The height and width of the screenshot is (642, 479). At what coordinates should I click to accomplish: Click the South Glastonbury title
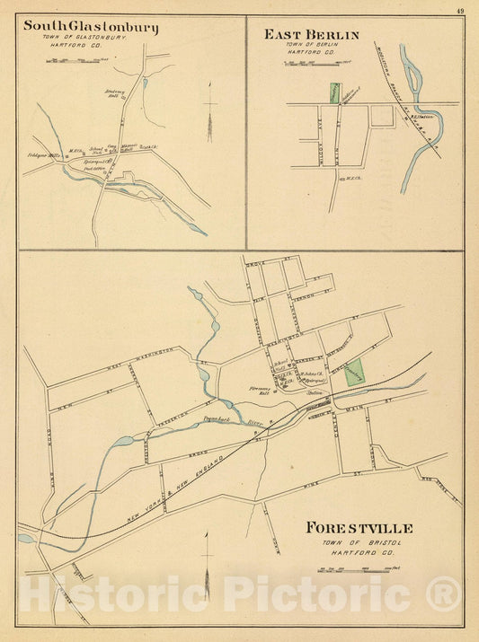[x=91, y=27]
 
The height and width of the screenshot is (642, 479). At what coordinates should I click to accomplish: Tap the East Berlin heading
[x=311, y=35]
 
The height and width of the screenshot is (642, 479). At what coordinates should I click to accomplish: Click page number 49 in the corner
[x=459, y=11]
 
